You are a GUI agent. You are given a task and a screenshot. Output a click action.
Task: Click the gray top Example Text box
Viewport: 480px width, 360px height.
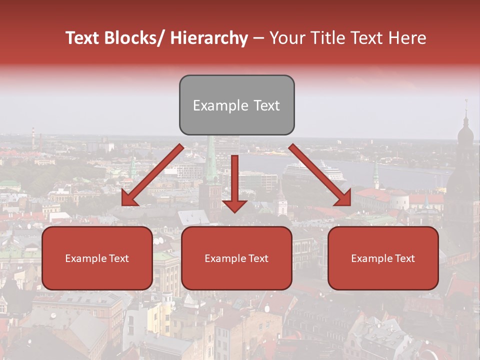[x=236, y=105]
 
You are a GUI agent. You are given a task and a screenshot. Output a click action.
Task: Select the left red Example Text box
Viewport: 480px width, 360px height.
[x=97, y=258]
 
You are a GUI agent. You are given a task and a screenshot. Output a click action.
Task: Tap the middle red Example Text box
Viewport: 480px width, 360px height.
[x=236, y=258]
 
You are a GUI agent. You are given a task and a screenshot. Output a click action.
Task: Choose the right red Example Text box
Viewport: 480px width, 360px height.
[x=383, y=258]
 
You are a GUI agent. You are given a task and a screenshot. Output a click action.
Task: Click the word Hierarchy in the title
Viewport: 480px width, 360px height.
[x=209, y=38]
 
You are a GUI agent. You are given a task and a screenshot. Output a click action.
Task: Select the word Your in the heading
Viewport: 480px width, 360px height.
[x=286, y=38]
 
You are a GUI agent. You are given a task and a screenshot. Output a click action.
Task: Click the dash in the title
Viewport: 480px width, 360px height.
[x=258, y=38]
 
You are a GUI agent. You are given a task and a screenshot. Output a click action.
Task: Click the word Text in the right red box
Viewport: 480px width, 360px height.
[x=404, y=258]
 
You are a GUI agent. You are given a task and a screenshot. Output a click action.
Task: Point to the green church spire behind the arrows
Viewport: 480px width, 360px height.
[x=212, y=160]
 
